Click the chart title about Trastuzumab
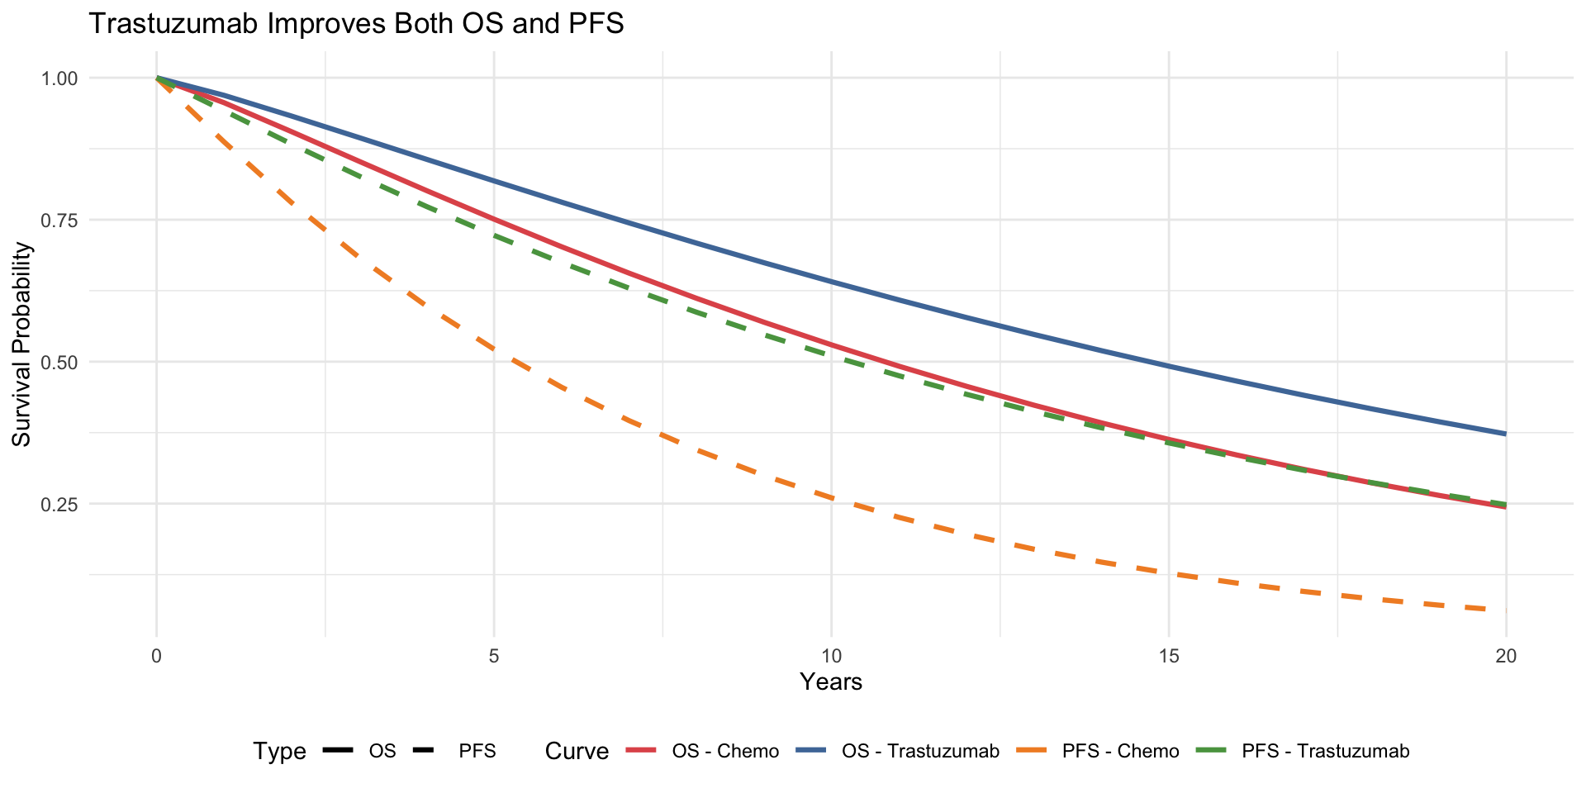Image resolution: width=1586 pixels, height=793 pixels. (356, 24)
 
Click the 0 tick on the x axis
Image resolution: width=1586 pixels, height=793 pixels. (156, 657)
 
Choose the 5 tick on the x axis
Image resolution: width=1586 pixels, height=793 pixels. (494, 657)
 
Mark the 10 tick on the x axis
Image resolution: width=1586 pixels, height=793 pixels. (831, 657)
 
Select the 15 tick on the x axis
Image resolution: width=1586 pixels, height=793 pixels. (1169, 657)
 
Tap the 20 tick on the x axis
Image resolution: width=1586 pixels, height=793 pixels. (1506, 657)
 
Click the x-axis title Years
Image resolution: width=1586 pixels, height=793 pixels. (831, 682)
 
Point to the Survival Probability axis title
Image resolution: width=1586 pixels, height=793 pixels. (21, 344)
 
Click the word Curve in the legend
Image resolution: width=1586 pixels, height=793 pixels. (577, 751)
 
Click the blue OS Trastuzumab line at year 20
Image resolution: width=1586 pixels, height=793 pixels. (1505, 434)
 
